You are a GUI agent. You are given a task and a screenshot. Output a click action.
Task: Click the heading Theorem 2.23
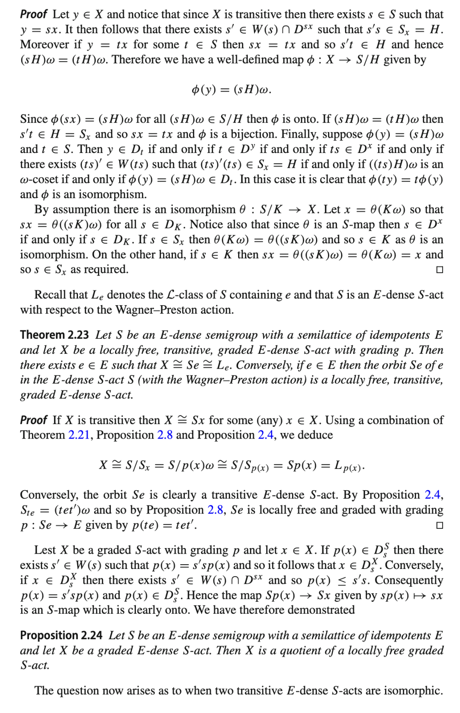pos(48,335)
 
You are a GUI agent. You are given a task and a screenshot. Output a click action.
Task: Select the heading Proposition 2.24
pos(61,635)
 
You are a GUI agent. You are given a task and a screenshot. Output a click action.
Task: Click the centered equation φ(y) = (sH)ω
pos(231,89)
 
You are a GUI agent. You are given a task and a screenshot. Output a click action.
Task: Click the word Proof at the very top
pos(33,14)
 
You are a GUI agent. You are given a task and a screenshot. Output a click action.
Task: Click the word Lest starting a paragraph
pos(45,550)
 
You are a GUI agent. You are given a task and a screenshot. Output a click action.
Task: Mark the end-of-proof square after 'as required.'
pos(440,270)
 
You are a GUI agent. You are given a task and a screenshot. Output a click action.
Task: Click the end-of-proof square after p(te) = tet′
pos(440,525)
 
